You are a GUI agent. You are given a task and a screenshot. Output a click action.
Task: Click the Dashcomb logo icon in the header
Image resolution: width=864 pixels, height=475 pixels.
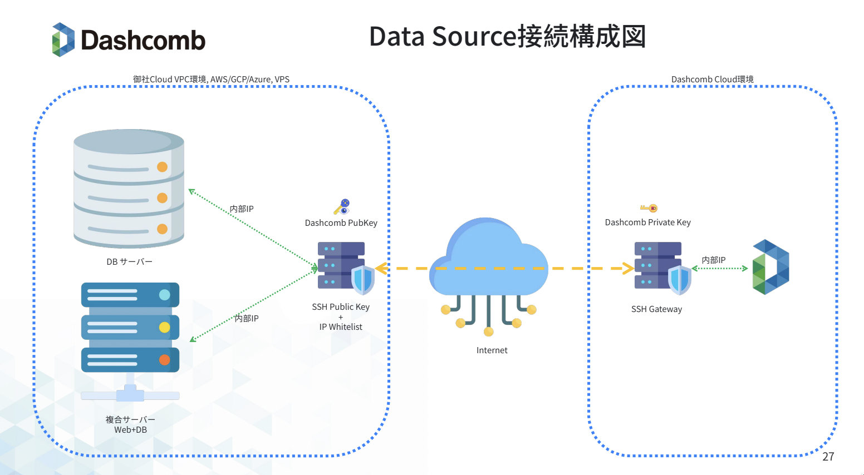pyautogui.click(x=63, y=39)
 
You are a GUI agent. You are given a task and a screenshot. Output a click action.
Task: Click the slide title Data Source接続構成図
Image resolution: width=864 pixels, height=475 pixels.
pyautogui.click(x=507, y=37)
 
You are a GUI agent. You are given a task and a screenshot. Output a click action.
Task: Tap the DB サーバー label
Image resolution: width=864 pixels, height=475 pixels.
pyautogui.click(x=129, y=261)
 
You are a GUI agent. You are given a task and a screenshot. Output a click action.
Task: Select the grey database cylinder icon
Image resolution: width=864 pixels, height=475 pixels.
pyautogui.click(x=129, y=189)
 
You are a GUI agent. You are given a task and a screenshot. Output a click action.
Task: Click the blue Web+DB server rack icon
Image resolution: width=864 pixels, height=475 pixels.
pyautogui.click(x=130, y=328)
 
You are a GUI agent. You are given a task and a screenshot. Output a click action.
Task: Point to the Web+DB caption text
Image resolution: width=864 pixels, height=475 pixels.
pyautogui.click(x=130, y=430)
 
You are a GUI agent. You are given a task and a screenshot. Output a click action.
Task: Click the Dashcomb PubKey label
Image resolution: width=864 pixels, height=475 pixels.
pyautogui.click(x=341, y=223)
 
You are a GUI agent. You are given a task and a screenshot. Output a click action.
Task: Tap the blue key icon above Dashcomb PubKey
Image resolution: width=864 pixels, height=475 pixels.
pyautogui.click(x=342, y=207)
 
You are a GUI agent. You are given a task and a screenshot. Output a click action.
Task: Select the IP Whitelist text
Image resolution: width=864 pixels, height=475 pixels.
pyautogui.click(x=341, y=327)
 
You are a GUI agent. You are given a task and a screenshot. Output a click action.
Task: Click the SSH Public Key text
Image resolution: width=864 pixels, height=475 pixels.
pyautogui.click(x=341, y=307)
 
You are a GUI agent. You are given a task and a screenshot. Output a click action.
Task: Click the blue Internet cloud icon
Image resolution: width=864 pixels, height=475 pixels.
pyautogui.click(x=488, y=261)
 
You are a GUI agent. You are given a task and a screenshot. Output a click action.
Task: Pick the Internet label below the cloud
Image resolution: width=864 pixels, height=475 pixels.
pyautogui.click(x=492, y=350)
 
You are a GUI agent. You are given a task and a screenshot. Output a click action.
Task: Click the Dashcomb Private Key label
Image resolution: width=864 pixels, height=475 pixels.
pyautogui.click(x=647, y=222)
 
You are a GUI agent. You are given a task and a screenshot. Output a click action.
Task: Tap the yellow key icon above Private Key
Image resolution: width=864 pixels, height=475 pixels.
pyautogui.click(x=649, y=208)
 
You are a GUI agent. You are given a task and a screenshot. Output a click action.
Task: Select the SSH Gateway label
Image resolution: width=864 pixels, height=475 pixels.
pyautogui.click(x=656, y=309)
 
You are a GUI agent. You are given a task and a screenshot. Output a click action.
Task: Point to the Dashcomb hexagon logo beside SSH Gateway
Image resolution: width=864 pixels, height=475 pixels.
pyautogui.click(x=770, y=267)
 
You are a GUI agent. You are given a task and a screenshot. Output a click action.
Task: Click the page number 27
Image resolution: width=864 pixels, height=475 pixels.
pyautogui.click(x=828, y=457)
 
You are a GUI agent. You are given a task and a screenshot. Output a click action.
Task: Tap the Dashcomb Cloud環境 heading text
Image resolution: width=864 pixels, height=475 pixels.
pyautogui.click(x=712, y=80)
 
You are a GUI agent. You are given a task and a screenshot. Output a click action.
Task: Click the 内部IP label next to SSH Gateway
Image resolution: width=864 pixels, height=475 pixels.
pyautogui.click(x=713, y=260)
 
